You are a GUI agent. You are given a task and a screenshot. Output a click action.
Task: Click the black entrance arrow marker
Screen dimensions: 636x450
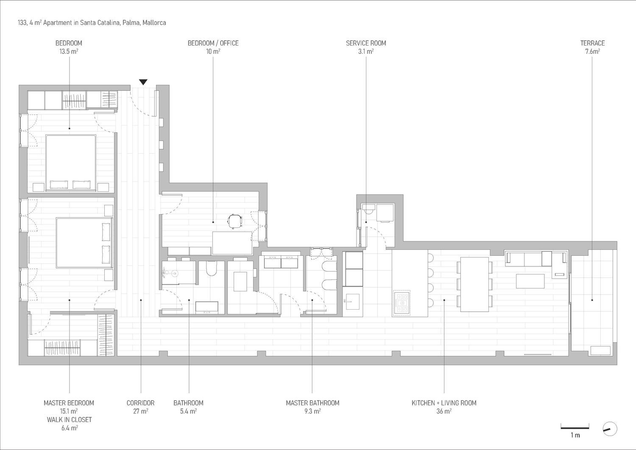coord(143,82)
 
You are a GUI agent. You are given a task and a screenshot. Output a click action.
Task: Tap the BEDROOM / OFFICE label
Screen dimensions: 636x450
coord(213,43)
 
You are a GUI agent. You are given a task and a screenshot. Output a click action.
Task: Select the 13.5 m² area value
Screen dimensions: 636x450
coord(69,51)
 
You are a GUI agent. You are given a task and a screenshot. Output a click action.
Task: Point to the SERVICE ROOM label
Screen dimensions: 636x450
coord(365,43)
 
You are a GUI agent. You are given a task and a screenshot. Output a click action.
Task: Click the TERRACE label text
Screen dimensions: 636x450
coord(592,43)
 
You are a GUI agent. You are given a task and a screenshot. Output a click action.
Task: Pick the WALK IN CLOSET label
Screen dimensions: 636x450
coord(69,419)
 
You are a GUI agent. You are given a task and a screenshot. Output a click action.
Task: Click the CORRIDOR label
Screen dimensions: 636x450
coord(140,403)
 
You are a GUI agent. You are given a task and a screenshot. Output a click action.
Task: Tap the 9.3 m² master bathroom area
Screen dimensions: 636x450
coord(312,411)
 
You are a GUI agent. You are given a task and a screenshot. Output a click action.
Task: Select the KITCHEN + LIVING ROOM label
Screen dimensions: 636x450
coord(444,403)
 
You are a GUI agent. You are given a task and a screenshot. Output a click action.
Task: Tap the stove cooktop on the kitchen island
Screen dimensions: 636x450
coord(402,303)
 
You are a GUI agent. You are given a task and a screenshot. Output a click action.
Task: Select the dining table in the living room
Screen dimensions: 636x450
coord(474,284)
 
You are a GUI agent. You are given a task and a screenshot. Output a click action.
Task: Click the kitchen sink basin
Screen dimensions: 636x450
coord(352,302)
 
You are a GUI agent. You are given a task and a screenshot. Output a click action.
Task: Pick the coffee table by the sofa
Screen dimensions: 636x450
coord(530,281)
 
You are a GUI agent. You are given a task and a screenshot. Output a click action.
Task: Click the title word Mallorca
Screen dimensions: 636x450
coord(154,23)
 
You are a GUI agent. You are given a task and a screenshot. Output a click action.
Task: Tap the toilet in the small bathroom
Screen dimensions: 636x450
coord(212,268)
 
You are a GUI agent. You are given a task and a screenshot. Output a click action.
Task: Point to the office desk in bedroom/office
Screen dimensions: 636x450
coord(232,243)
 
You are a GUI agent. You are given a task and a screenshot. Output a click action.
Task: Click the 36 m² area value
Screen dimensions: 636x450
coord(444,411)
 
